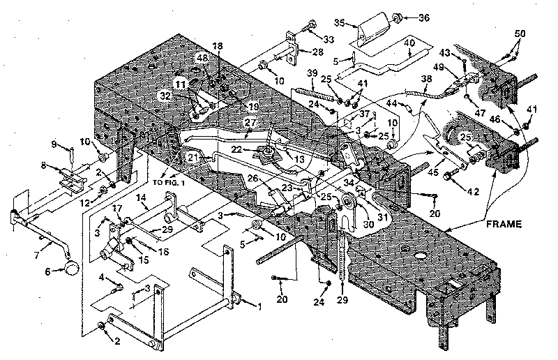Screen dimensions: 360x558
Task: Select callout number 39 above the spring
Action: pyautogui.click(x=312, y=74)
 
